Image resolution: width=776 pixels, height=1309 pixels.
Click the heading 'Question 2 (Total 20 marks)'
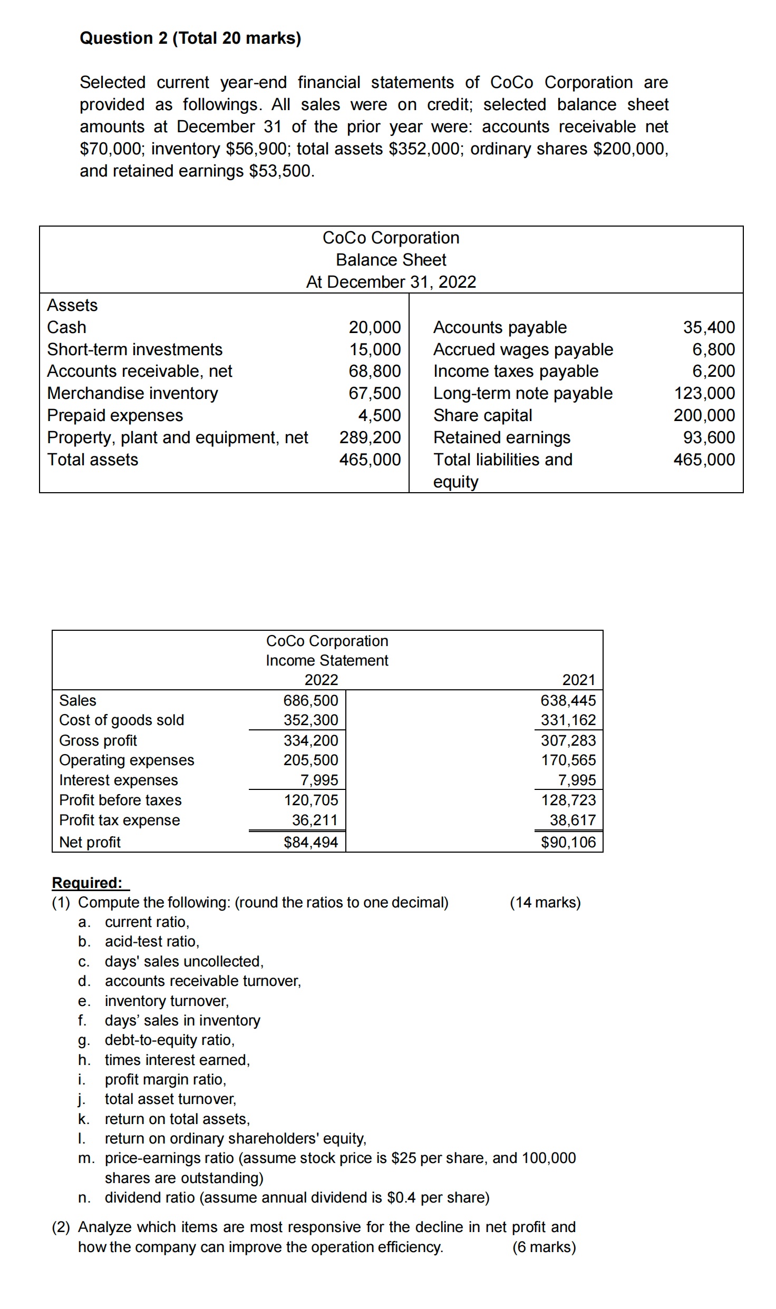[x=190, y=38]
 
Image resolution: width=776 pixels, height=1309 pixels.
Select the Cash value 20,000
[x=374, y=327]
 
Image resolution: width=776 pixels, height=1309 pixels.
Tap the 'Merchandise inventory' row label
[x=132, y=393]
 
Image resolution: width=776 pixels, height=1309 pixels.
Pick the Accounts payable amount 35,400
[x=709, y=327]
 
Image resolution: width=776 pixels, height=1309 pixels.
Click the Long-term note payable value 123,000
[x=704, y=393]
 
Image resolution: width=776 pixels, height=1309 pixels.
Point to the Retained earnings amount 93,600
[x=709, y=437]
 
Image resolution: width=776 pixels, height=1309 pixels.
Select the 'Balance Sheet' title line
[x=391, y=260]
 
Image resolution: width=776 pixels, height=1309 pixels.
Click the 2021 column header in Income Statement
[x=578, y=680]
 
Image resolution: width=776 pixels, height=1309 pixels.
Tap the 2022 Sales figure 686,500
[x=311, y=700]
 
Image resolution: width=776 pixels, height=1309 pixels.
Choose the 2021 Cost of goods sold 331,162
[x=568, y=720]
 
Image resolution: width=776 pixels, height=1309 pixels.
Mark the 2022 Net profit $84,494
[x=311, y=842]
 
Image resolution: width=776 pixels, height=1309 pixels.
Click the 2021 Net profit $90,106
[x=568, y=842]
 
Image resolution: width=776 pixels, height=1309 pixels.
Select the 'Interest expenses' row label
[x=118, y=780]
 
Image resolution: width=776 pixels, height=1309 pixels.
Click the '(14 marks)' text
[x=545, y=903]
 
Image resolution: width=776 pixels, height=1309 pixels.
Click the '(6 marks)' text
[x=544, y=1247]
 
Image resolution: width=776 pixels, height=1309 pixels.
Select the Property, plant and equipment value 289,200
[x=370, y=437]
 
